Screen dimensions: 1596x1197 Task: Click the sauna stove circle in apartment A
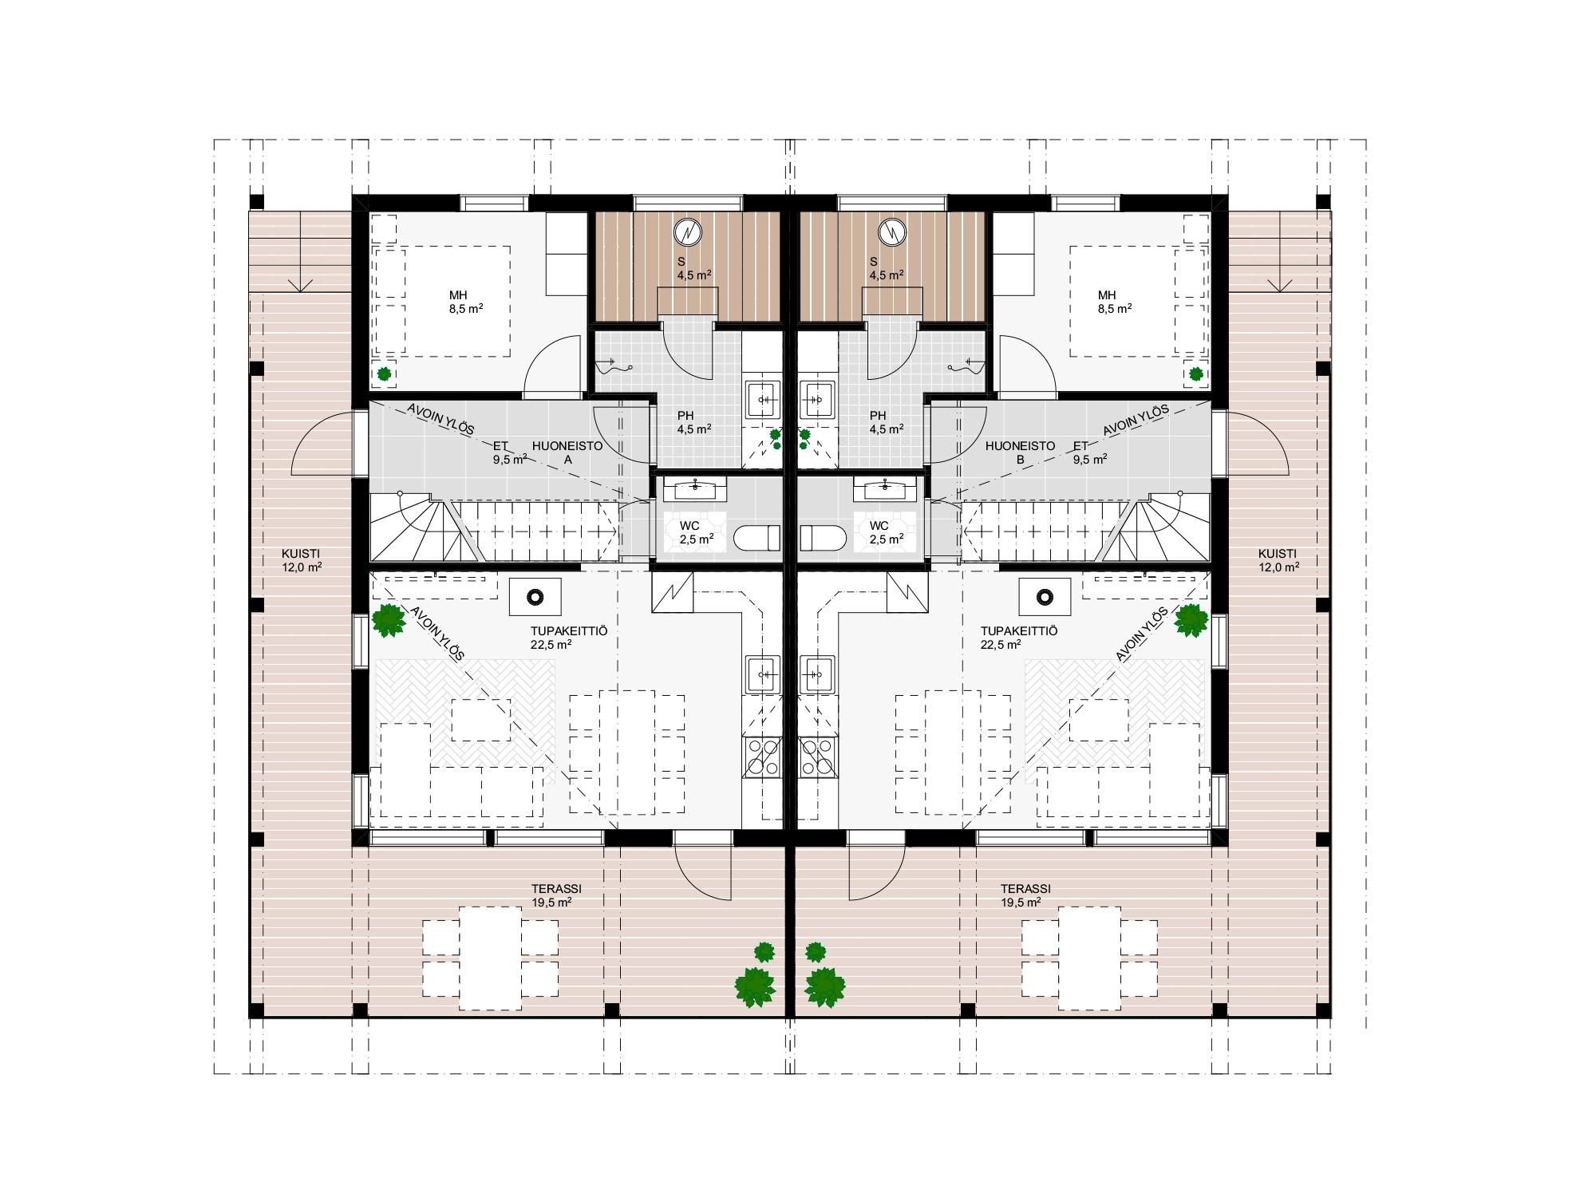688,233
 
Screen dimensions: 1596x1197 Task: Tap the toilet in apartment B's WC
822,538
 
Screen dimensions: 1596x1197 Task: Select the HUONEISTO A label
567,452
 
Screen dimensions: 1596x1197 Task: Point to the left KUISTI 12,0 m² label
302,560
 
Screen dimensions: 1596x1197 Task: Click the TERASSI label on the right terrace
1025,888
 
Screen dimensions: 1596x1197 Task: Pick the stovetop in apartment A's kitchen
762,757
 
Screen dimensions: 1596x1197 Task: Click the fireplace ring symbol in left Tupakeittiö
535,596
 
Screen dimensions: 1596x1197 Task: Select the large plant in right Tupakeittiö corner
1191,620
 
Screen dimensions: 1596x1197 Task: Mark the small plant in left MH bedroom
385,373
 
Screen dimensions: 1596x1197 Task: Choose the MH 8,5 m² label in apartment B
1113,302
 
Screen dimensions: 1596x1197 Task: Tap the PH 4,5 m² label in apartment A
693,422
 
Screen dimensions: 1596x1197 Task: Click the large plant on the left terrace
754,987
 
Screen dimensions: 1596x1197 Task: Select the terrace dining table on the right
1089,958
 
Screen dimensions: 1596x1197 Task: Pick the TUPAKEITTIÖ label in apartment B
1019,630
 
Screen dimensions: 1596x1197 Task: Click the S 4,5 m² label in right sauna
886,268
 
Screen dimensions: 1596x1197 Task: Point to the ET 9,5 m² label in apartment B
1089,452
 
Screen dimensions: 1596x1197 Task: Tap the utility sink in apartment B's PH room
816,399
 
